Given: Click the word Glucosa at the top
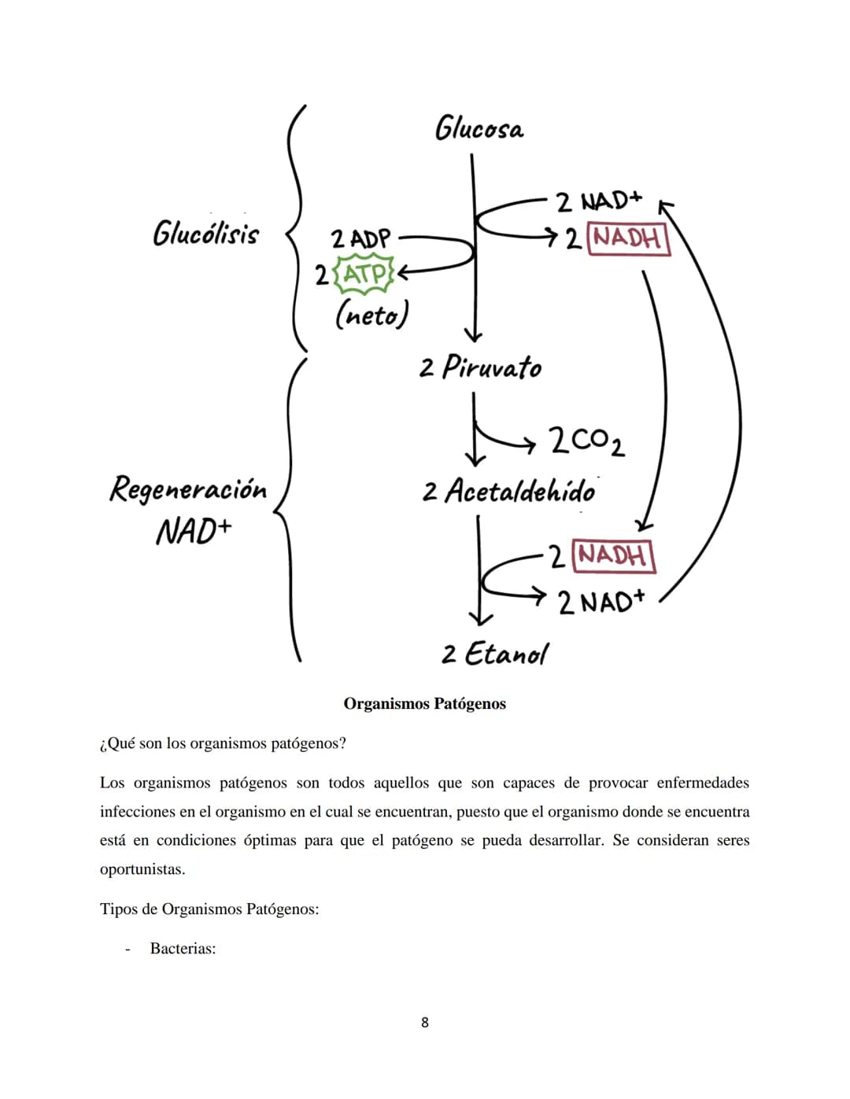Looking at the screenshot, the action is click(479, 128).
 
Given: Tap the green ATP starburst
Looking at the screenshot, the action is click(364, 275).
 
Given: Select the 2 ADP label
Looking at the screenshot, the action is click(360, 238).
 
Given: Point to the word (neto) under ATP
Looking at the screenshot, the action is click(371, 315).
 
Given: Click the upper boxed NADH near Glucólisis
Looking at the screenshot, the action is click(628, 238).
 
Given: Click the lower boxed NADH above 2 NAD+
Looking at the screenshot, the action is click(614, 556).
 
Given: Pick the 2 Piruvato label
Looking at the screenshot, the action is click(480, 367).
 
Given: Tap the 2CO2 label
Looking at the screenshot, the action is click(587, 441).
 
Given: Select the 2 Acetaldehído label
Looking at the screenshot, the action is click(508, 491).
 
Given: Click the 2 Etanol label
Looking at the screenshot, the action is click(495, 653).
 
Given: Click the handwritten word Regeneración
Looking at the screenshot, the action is click(188, 489).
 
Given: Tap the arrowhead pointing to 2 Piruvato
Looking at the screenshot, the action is click(473, 337).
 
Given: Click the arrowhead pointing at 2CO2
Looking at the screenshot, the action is click(529, 444).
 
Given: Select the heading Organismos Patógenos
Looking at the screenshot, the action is click(424, 703).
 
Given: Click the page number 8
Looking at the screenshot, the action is click(425, 1023).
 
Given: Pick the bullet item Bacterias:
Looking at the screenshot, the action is click(183, 948).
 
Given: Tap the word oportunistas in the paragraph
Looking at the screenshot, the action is click(142, 869).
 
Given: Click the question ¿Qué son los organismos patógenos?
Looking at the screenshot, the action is click(224, 743).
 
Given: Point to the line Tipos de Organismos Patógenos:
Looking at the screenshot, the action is click(209, 909).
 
